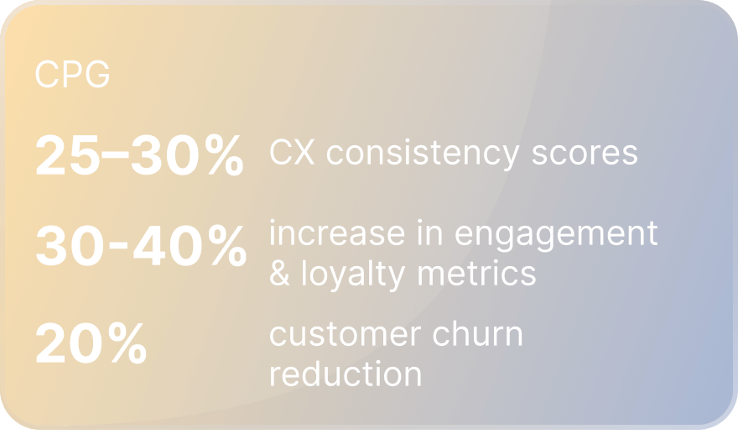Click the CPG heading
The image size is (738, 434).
coord(72,74)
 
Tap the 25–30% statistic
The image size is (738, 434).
coord(140,154)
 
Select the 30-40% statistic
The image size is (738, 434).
coord(141,245)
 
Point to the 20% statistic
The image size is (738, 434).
coord(91,342)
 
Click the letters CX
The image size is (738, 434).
coord(292,152)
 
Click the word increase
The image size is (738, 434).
coord(337,233)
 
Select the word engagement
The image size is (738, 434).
coord(556,236)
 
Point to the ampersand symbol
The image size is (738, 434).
coord(279,274)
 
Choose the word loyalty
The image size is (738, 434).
coord(353,275)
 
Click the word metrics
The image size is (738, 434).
coord(477,274)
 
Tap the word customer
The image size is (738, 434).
coord(345,334)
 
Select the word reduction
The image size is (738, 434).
coord(346,374)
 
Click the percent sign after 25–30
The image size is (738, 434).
coord(225,154)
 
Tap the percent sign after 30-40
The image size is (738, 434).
coord(227,245)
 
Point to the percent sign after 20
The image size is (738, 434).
coord(127,342)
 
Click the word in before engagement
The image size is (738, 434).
coord(430,233)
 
